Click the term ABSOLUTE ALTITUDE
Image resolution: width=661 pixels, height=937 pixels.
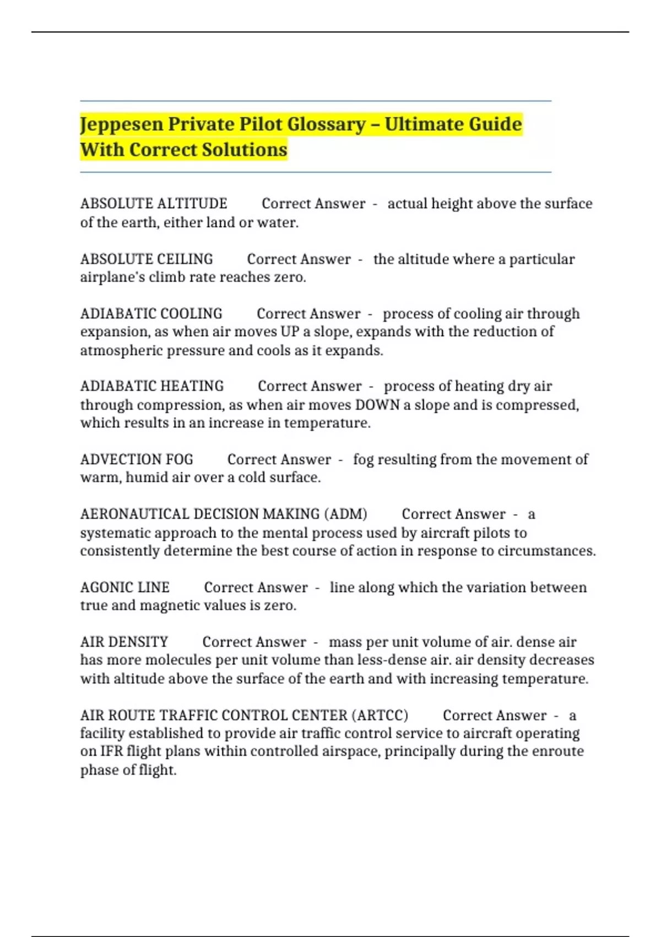pyautogui.click(x=154, y=204)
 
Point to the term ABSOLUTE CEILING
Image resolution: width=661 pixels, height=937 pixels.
pyautogui.click(x=147, y=259)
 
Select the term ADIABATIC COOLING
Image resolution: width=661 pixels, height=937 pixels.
pyautogui.click(x=151, y=314)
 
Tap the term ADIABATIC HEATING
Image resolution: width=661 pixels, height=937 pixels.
pyautogui.click(x=152, y=386)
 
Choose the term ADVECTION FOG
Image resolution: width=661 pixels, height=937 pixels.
pyautogui.click(x=137, y=459)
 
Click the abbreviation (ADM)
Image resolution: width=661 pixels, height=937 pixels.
pyautogui.click(x=345, y=514)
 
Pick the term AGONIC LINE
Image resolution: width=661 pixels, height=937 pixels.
pyautogui.click(x=125, y=588)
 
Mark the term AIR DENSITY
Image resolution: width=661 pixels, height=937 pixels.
pyautogui.click(x=124, y=642)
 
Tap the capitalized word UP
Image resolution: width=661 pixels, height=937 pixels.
pyautogui.click(x=290, y=332)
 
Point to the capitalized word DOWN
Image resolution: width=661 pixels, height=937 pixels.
pyautogui.click(x=377, y=405)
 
